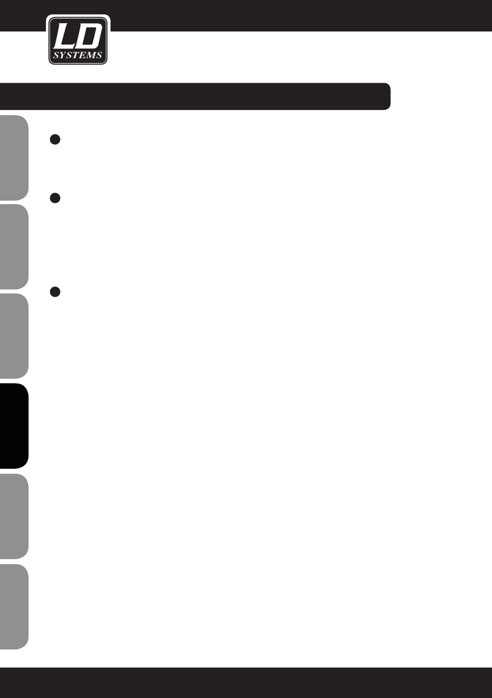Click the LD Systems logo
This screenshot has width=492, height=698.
78,40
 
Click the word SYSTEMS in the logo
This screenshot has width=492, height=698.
78,55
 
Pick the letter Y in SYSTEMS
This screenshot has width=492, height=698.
63,55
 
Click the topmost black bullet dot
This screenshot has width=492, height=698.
55,139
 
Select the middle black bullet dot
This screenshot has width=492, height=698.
55,198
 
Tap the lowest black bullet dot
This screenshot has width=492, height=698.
55,292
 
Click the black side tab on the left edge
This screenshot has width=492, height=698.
14,426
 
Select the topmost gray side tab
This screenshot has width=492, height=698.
14,157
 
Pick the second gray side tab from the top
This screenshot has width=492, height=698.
14,247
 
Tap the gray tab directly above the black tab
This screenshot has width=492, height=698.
14,336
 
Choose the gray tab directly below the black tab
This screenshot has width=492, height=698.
14,516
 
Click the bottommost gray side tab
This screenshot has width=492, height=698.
14,606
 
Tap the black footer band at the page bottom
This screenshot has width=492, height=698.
246,683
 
